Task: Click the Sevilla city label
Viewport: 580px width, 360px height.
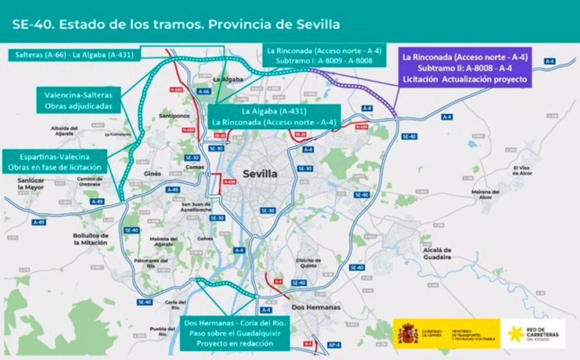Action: point(260,174)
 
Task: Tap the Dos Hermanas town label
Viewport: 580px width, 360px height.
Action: point(315,307)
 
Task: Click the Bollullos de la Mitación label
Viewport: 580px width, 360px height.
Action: point(90,239)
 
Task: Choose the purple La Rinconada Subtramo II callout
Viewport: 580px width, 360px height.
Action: point(465,67)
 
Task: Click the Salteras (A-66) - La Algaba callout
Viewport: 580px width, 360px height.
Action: point(72,55)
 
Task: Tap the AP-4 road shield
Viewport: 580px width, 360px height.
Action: point(333,344)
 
